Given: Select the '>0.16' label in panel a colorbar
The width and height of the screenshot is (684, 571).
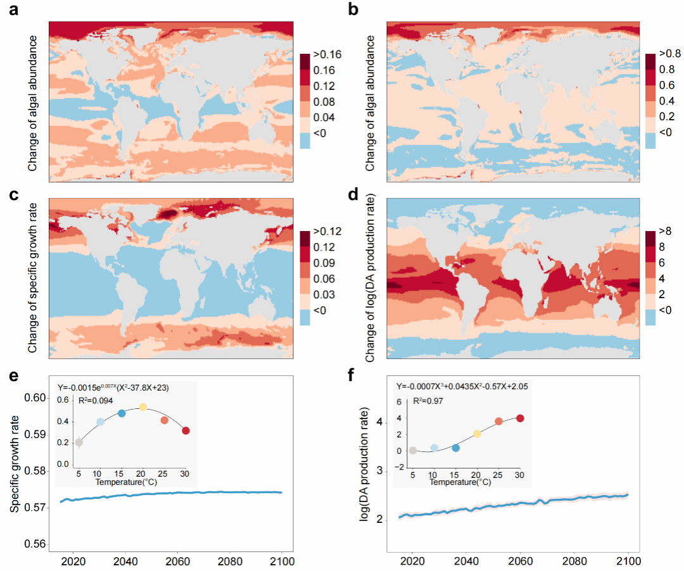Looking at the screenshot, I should pyautogui.click(x=327, y=54).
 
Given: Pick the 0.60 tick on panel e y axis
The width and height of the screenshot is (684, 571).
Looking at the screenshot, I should pyautogui.click(x=35, y=398).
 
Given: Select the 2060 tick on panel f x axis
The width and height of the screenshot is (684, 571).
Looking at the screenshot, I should pyautogui.click(x=521, y=560).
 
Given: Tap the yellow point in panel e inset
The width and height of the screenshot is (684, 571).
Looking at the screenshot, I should pyautogui.click(x=143, y=407).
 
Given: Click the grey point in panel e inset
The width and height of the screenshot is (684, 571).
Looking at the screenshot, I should pyautogui.click(x=79, y=442).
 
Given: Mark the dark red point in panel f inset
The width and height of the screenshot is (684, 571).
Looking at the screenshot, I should pyautogui.click(x=521, y=418).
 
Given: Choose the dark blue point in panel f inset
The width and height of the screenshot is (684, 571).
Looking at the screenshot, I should pyautogui.click(x=455, y=448).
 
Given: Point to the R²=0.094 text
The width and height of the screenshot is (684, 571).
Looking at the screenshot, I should pyautogui.click(x=96, y=400).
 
